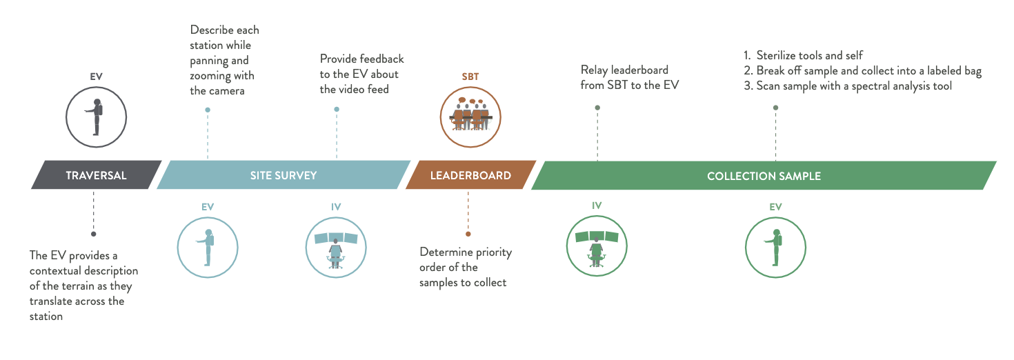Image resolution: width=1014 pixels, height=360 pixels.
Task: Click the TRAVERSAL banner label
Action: pos(96,175)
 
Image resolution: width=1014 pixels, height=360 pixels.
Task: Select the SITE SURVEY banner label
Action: pos(284,175)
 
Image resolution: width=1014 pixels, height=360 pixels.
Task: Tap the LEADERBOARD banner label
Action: pos(470,175)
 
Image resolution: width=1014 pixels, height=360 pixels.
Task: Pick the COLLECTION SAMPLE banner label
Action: pos(764,176)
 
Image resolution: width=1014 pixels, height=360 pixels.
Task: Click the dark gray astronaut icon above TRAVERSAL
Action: pos(96,117)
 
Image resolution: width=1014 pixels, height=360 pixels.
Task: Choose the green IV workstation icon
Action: pos(597,246)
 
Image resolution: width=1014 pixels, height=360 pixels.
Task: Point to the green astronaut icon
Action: pos(775,248)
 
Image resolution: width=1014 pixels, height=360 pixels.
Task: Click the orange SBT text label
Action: pos(470,77)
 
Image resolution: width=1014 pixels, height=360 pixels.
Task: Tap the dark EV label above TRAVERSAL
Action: pos(96,77)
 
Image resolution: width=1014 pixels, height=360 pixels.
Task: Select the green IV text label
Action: pos(597,206)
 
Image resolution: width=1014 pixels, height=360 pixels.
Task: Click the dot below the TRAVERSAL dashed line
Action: pos(93,234)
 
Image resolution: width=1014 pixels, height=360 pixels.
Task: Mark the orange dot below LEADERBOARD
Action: pos(468,234)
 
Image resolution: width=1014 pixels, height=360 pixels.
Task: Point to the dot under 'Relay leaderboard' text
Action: pos(597,108)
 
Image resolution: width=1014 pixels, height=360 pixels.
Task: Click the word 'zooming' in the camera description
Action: pos(210,76)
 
